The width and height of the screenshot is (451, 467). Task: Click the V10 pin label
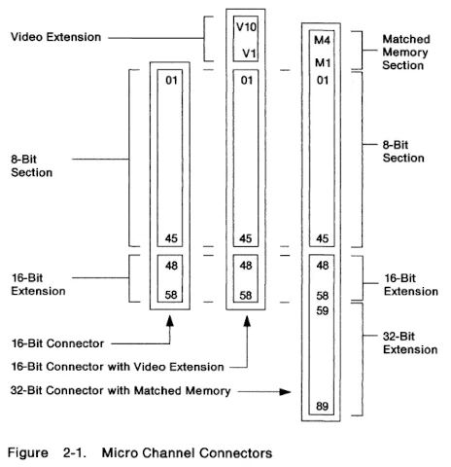pyautogui.click(x=245, y=27)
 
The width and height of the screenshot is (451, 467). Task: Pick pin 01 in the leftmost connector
pyautogui.click(x=170, y=80)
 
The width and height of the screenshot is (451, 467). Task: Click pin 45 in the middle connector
pyautogui.click(x=246, y=238)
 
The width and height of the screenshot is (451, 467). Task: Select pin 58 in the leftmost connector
pyautogui.click(x=170, y=294)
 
